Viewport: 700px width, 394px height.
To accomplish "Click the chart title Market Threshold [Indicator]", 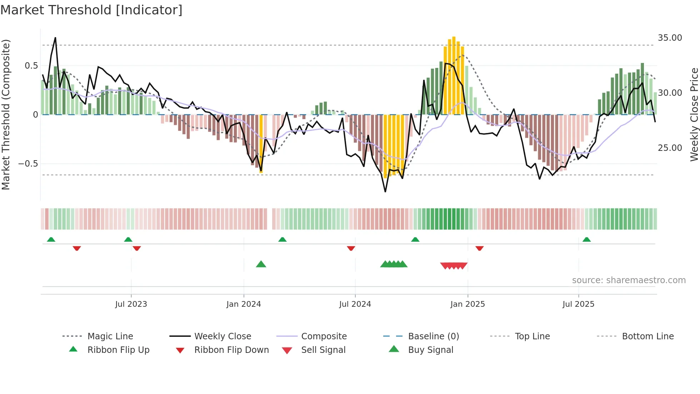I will point(91,10).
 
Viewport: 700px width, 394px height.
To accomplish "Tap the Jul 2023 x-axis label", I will point(131,304).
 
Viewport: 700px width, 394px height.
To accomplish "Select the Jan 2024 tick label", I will point(244,304).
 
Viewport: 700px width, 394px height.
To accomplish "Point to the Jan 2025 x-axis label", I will point(467,304).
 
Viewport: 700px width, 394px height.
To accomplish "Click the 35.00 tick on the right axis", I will point(670,38).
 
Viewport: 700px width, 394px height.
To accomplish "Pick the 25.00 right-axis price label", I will point(670,148).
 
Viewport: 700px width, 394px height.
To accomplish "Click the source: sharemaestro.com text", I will point(629,280).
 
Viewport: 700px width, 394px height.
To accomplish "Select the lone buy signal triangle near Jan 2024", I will point(261,264).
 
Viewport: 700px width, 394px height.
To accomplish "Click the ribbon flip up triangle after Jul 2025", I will point(586,240).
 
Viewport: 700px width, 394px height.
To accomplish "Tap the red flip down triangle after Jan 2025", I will point(479,248).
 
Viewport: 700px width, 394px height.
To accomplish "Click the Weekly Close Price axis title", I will point(694,114).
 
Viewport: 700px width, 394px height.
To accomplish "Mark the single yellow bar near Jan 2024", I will point(261,143).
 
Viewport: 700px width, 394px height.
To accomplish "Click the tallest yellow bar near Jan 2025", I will point(454,75).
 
